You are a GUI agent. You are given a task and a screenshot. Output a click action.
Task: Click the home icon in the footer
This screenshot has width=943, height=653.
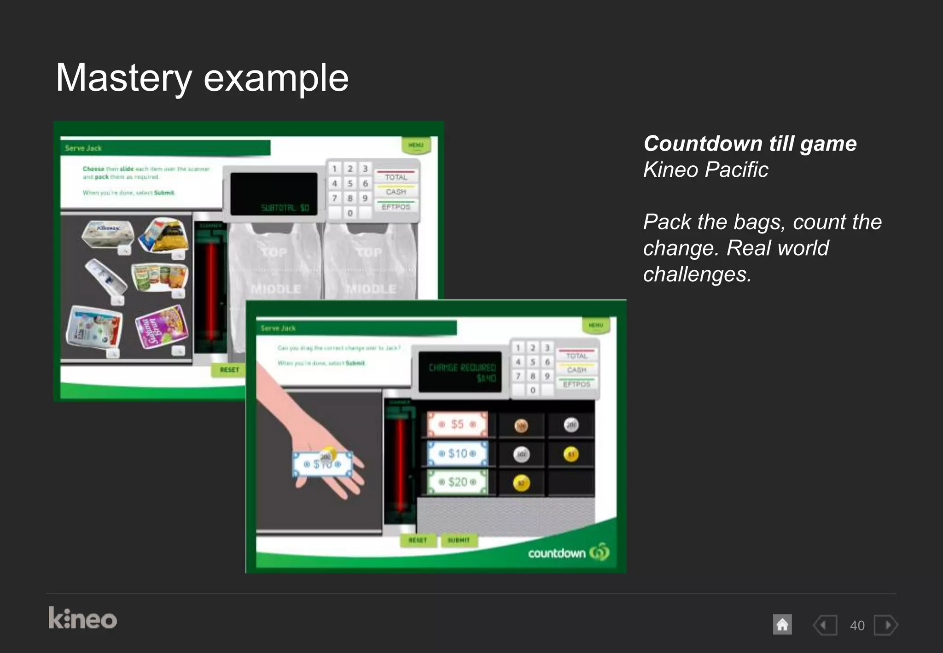[x=782, y=625]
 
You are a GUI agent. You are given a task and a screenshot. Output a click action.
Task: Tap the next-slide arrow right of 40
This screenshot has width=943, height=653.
[x=886, y=625]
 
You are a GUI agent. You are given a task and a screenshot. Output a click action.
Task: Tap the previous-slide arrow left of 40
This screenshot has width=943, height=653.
[x=825, y=625]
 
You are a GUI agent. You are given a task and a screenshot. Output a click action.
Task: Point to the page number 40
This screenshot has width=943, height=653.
[x=857, y=625]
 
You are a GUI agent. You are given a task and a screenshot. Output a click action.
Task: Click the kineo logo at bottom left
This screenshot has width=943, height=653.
[x=83, y=618]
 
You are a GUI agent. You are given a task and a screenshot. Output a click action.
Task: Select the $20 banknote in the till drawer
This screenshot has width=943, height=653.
[x=457, y=482]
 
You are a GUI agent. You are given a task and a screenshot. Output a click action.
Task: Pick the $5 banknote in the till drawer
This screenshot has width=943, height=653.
[x=457, y=424]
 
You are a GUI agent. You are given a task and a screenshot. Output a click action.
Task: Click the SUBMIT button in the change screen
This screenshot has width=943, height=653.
[x=459, y=540]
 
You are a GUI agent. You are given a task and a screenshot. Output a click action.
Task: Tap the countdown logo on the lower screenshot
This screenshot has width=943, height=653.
[x=568, y=552]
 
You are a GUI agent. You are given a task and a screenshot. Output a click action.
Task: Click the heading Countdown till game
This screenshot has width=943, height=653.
[x=750, y=144]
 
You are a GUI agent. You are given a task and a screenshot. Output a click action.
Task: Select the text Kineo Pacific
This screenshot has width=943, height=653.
[x=705, y=169]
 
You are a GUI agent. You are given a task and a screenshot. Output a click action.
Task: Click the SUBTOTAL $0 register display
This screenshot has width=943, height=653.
[x=274, y=194]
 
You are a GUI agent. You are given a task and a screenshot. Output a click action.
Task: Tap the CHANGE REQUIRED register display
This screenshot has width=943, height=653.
[x=460, y=372]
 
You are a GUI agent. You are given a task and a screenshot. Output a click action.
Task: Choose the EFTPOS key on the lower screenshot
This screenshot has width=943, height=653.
[x=576, y=384]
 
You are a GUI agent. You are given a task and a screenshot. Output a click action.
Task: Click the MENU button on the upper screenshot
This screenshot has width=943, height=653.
[x=416, y=145]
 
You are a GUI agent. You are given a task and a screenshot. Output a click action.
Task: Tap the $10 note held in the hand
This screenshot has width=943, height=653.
[x=322, y=464]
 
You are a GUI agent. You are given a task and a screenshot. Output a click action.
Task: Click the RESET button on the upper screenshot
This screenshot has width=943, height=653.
[x=229, y=369]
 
